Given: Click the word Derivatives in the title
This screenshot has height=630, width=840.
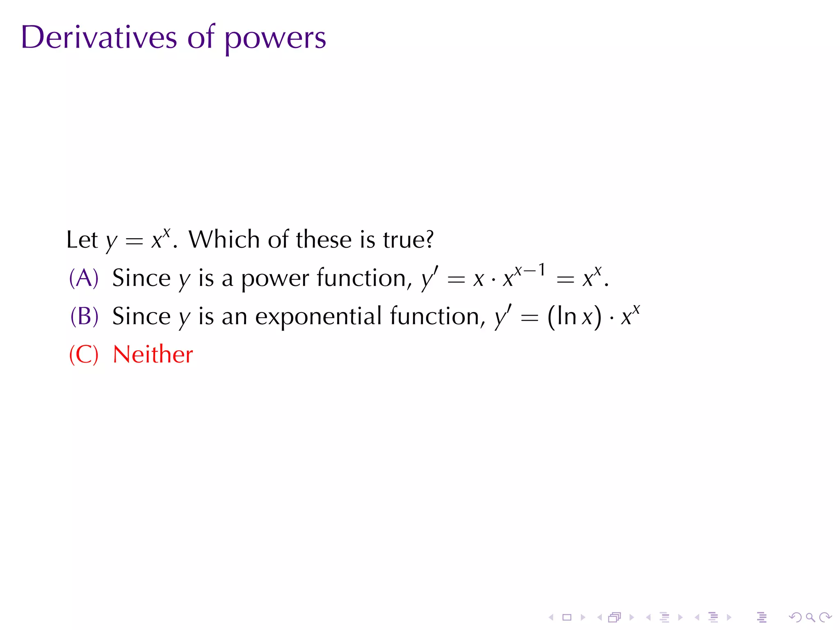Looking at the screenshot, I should (x=99, y=38).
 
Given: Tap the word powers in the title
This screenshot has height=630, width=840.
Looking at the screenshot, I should (x=275, y=39).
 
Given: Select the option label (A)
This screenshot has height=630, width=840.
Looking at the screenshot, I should (x=84, y=278).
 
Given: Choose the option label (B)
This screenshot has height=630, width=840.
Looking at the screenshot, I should (x=84, y=316).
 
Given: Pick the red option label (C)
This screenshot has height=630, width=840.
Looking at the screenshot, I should (x=84, y=354).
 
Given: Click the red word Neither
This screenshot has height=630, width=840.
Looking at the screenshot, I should (x=153, y=354).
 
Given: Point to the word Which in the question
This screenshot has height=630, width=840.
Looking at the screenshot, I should (x=224, y=240).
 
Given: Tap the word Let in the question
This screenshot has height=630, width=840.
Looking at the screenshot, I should (x=82, y=240).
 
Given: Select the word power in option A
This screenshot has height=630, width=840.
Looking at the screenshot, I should (x=274, y=279).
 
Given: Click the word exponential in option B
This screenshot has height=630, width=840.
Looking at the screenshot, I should (x=318, y=317).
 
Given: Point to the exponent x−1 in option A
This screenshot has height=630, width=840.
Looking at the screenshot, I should (x=530, y=270).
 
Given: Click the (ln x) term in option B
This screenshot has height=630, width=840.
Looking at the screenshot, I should (x=574, y=317).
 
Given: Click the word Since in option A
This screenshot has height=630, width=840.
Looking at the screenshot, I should (x=141, y=278).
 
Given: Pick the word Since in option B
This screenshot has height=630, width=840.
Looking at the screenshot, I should (x=141, y=316).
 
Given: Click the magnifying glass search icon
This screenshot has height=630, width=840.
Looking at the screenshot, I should (x=810, y=617).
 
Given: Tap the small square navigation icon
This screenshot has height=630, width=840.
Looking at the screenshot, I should (x=567, y=617).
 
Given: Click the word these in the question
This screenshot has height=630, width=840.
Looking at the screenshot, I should (x=324, y=240).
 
